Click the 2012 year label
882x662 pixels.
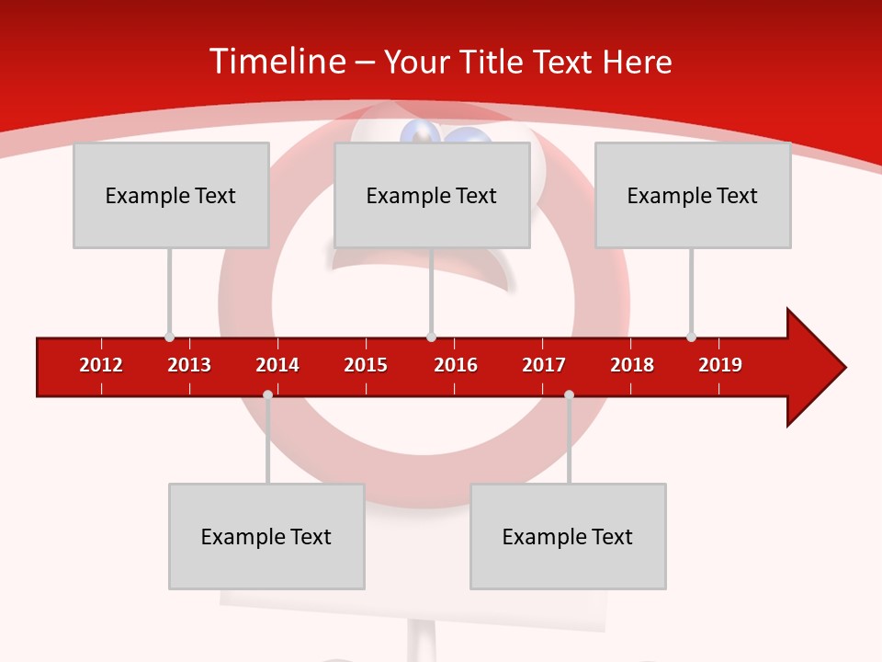[101, 365]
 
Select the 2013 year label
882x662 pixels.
[189, 365]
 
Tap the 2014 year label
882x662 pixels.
[277, 365]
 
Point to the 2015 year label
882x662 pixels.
[366, 365]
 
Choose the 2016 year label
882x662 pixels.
[456, 365]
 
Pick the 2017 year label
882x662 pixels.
[544, 365]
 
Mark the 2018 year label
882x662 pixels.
[632, 365]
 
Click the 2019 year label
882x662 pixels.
[720, 365]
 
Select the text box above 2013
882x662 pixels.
[171, 195]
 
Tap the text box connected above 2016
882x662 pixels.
[432, 195]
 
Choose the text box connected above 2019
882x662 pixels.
[693, 195]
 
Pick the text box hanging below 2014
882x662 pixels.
[266, 536]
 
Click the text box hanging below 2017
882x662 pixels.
[568, 536]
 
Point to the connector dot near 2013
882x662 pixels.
[169, 337]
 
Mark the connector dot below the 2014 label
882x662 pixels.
[267, 395]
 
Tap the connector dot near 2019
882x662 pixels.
[691, 337]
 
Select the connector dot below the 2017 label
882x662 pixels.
[569, 395]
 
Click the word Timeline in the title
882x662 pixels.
[277, 61]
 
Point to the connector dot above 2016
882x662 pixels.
[431, 337]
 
